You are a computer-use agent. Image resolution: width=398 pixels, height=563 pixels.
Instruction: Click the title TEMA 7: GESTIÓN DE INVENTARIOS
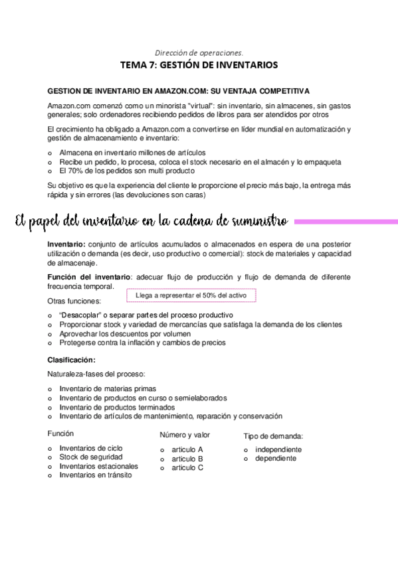click(x=199, y=65)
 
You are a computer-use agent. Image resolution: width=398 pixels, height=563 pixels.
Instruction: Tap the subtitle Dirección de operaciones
click(x=199, y=52)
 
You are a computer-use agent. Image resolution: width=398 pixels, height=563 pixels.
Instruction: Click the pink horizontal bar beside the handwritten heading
click(x=345, y=222)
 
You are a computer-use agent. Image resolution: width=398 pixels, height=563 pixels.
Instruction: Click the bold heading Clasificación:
click(x=71, y=360)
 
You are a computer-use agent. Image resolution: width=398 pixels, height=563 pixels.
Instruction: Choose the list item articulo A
click(x=187, y=449)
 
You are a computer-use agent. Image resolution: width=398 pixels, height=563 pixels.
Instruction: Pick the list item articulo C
click(x=187, y=467)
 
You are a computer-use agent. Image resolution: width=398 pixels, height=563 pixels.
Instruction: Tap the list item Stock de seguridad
click(x=90, y=457)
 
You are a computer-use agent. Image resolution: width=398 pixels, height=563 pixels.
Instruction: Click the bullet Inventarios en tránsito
click(x=95, y=475)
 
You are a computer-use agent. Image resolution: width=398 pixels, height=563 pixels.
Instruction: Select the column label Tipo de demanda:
click(x=273, y=436)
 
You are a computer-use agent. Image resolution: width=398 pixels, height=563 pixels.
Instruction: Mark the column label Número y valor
click(x=185, y=435)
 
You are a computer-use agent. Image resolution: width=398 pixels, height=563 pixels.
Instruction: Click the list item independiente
click(x=278, y=449)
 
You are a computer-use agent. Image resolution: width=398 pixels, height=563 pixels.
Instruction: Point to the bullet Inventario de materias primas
click(x=108, y=388)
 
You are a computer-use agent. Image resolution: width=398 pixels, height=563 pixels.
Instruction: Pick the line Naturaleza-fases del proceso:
click(x=96, y=374)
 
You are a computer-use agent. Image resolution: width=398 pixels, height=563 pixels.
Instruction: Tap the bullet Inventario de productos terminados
click(x=117, y=407)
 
